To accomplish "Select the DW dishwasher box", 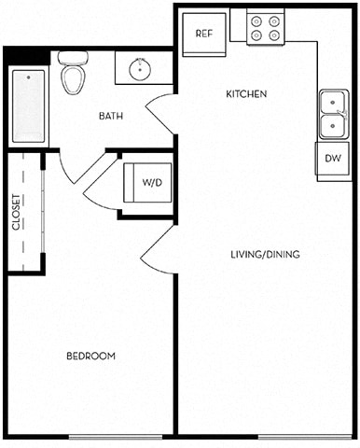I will (333, 158).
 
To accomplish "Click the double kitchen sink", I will (332, 113).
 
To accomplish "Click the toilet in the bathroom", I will (72, 73).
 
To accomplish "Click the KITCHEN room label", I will (247, 94).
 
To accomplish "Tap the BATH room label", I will (114, 117).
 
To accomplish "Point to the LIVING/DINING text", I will (266, 254).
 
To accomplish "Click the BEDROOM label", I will (90, 356).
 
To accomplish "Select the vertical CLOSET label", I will (17, 212).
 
